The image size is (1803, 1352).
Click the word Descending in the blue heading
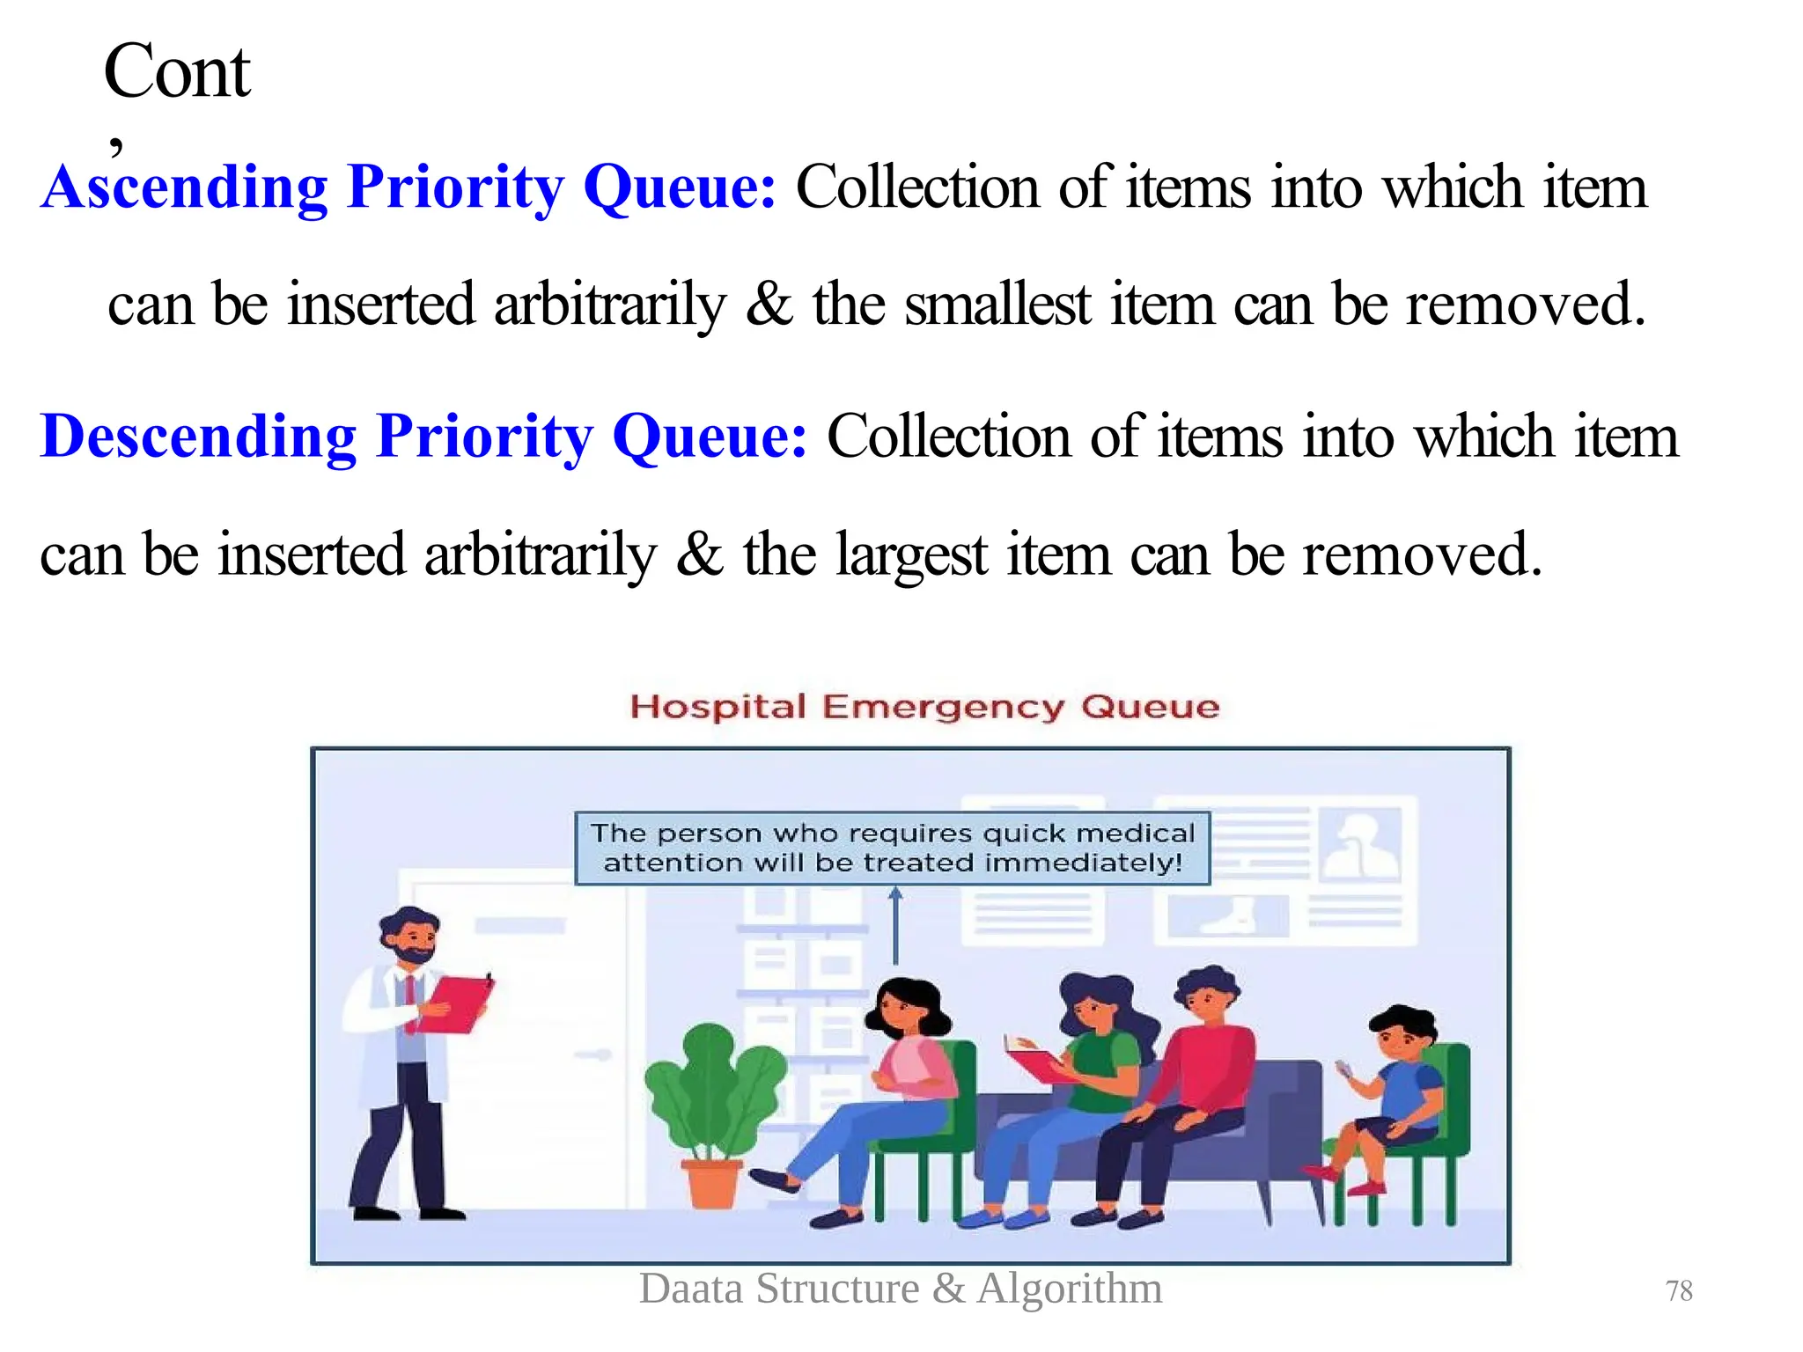coord(199,437)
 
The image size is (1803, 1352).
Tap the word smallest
coord(997,305)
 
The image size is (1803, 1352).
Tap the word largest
coord(911,555)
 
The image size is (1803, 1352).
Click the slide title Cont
coord(177,72)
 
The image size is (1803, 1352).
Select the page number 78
coord(1679,1291)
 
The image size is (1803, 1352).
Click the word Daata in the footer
coord(691,1289)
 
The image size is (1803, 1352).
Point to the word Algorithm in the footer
coord(1070,1289)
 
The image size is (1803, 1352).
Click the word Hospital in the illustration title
coord(718,707)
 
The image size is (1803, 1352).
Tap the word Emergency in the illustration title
coord(943,707)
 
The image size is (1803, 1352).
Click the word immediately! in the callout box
coord(1083,863)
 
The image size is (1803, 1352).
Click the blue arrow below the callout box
coord(895,924)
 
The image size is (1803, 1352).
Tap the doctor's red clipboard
coord(454,1003)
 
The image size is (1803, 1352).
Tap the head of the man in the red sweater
coord(1207,995)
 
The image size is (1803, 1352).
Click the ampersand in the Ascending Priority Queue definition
coord(769,305)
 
